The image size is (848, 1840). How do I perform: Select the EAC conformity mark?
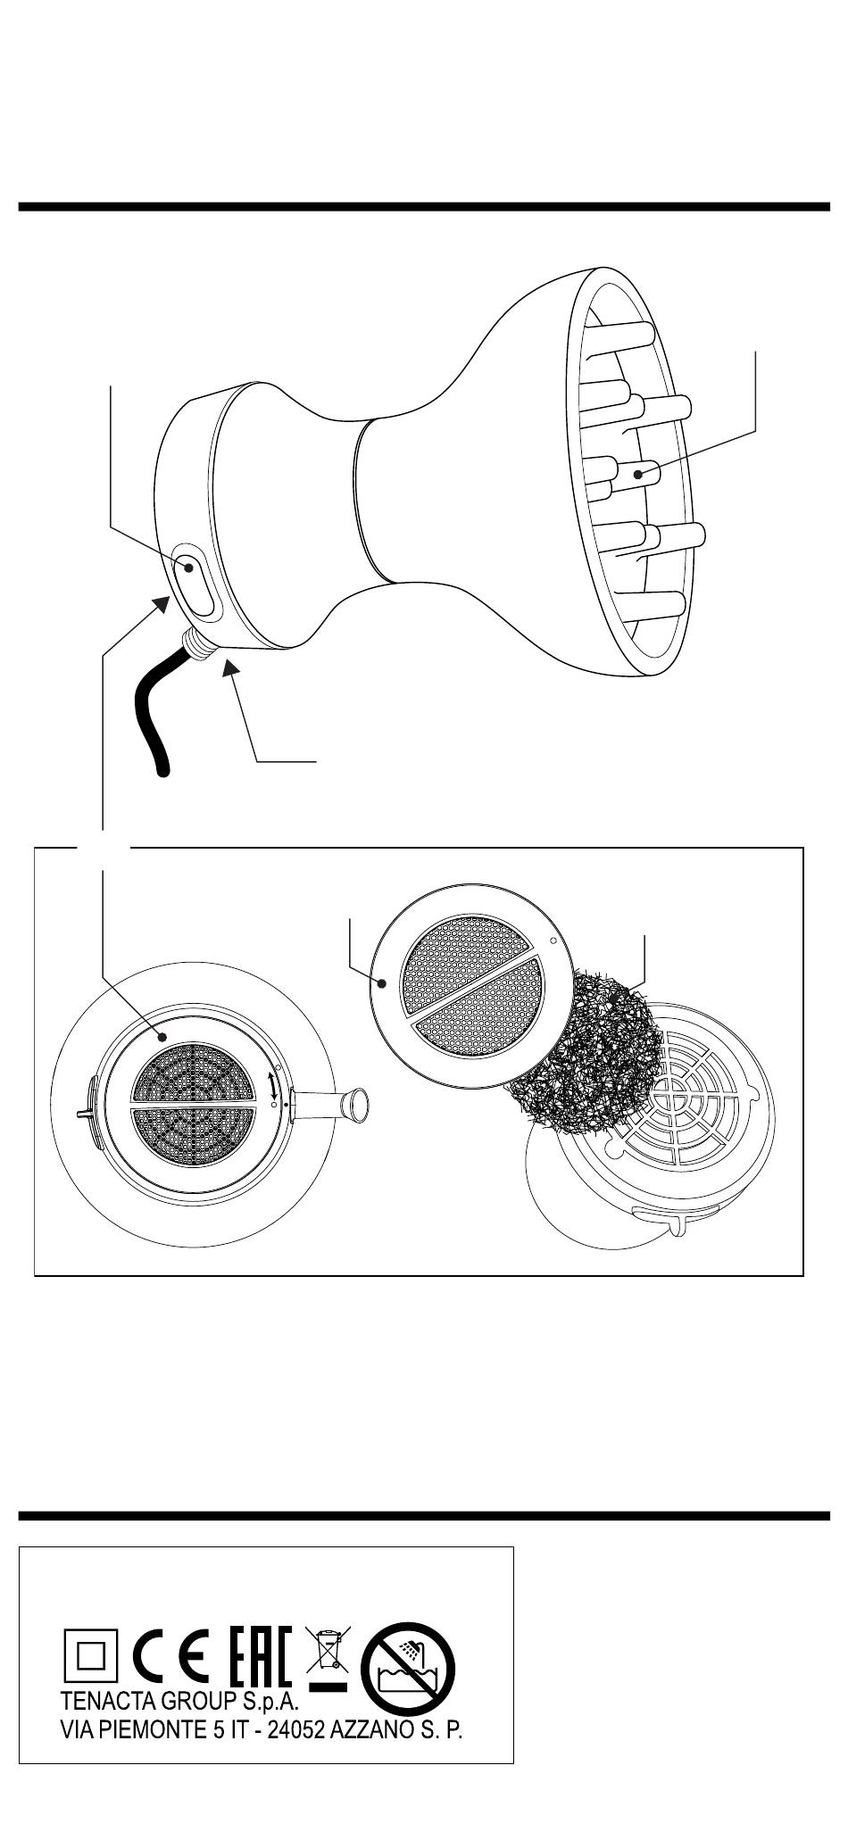tap(260, 1653)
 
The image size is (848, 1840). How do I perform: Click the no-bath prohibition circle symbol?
tap(407, 1659)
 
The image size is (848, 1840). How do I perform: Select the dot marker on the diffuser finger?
tap(638, 475)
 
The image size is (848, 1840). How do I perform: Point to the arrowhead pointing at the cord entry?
tap(230, 666)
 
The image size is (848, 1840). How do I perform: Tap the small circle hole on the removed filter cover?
tap(553, 940)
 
